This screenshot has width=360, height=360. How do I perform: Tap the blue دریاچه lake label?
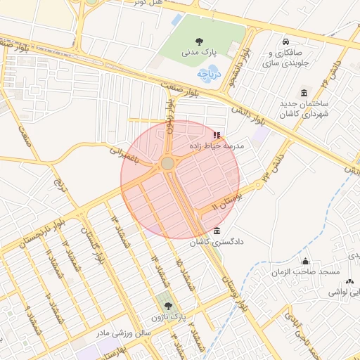210,72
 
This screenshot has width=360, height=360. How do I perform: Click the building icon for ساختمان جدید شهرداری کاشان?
304,93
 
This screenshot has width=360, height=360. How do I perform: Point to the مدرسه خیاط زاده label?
217,145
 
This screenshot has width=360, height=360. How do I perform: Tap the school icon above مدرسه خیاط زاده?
216,134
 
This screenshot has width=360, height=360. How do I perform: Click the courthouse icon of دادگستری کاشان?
216,231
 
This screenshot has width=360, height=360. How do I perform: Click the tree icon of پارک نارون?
167,306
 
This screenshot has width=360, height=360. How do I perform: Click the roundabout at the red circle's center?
167,164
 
